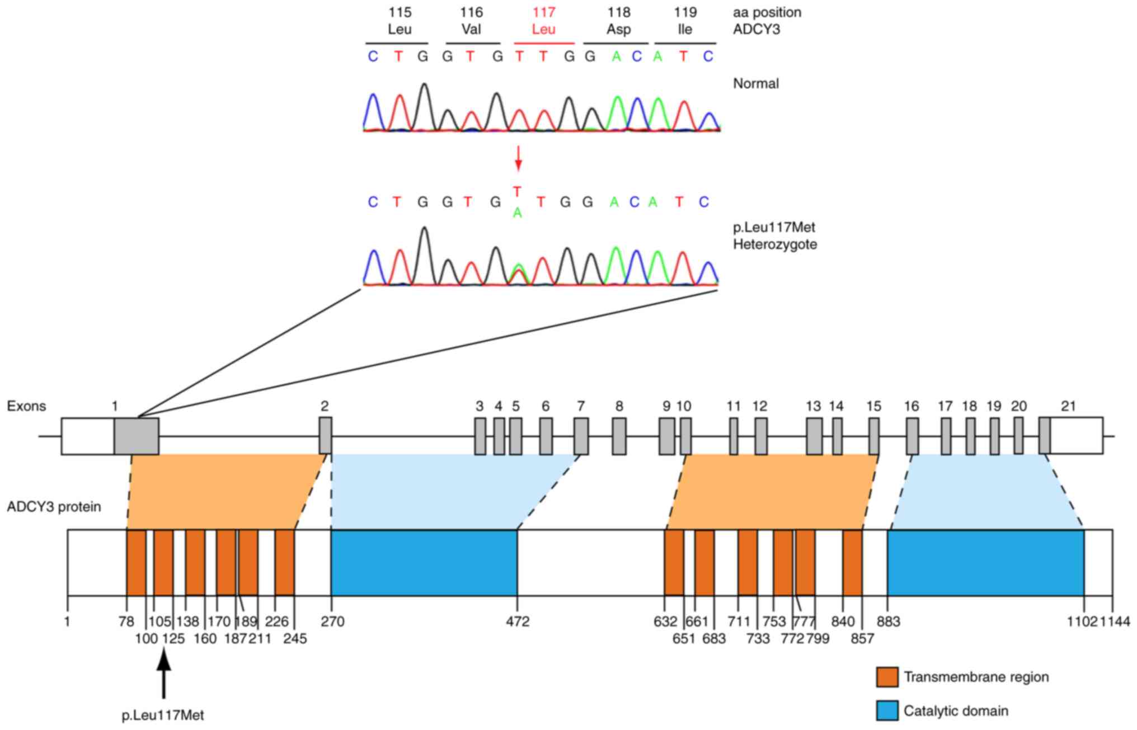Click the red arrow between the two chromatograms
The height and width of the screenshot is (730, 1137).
518,158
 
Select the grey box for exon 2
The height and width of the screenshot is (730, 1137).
325,435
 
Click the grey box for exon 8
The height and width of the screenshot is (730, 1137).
619,436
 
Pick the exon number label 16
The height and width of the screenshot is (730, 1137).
911,406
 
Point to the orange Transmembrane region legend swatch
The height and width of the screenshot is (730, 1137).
887,677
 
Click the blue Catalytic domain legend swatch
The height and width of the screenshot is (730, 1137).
887,711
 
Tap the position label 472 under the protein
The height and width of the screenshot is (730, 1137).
517,621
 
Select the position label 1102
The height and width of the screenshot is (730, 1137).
1082,621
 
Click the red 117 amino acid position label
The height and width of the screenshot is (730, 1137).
544,12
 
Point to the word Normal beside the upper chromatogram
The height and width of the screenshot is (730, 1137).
756,84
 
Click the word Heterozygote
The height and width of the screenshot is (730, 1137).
775,244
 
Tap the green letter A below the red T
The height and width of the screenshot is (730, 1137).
518,213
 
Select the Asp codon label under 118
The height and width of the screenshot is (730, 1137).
619,29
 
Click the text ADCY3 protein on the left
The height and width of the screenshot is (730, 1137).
54,507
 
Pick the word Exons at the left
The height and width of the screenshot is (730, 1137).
26,406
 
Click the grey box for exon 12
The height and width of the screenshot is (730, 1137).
760,436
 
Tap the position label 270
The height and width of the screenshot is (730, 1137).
332,621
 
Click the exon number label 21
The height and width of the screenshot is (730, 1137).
1068,406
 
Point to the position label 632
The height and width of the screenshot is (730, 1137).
665,621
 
